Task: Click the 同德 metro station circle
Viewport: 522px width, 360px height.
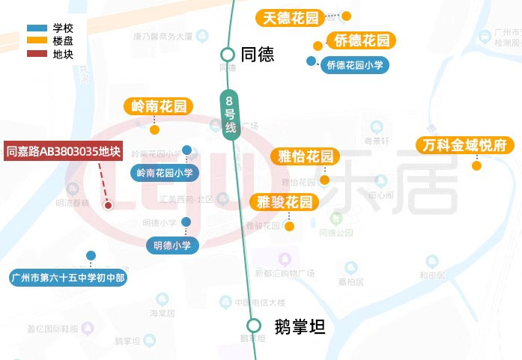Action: point(228,54)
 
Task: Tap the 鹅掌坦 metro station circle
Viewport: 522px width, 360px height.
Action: point(254,326)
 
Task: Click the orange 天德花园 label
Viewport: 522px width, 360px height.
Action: point(291,17)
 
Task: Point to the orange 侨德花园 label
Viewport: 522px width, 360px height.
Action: point(361,40)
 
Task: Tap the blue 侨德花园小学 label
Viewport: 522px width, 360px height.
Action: point(355,66)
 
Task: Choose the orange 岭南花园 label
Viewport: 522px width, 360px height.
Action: point(158,106)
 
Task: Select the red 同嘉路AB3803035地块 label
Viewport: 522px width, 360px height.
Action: point(64,151)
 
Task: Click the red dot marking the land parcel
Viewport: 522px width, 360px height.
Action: point(108,205)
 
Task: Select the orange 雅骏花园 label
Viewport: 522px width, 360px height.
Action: point(284,202)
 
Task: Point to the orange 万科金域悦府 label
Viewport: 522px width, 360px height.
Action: point(464,144)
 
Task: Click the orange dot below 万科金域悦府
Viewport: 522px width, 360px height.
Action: point(476,165)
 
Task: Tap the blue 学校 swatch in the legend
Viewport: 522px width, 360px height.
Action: point(36,28)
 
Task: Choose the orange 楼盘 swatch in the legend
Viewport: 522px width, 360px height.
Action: point(36,40)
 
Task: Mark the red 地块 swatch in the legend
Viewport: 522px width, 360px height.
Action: point(36,53)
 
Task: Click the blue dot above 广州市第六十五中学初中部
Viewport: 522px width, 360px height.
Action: point(91,255)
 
